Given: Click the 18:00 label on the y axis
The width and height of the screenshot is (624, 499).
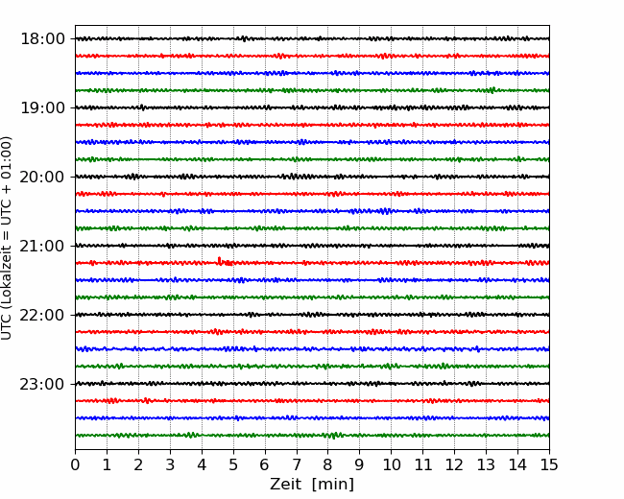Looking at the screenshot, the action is (42, 39).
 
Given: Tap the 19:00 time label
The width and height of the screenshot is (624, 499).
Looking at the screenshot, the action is (42, 107).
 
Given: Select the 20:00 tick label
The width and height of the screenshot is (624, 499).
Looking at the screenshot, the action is (42, 178).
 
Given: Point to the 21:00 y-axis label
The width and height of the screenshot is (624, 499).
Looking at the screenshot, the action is (42, 246).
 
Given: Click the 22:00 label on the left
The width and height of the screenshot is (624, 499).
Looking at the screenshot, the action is (42, 315).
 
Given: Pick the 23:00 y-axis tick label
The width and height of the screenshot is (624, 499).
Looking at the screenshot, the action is (42, 384).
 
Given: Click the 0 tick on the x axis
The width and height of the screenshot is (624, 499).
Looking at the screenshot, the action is (75, 464).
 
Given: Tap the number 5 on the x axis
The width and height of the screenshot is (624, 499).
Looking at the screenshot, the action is (233, 464).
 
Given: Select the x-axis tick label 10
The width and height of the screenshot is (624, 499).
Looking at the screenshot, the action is (391, 464).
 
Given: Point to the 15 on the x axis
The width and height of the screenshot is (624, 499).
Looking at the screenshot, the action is (549, 464).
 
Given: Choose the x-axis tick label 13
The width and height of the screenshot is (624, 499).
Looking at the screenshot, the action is (486, 464).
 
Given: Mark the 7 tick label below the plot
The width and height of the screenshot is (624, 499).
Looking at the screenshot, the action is (297, 464).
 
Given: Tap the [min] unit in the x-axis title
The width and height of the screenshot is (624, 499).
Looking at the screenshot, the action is (333, 485).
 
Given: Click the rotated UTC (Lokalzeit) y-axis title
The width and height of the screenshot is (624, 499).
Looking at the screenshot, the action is (7, 238).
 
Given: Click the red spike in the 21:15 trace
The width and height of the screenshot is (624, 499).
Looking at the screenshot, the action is (219, 260).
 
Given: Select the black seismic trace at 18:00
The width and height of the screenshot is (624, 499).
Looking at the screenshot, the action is (312, 38).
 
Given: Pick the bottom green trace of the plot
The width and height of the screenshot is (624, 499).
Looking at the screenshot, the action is (312, 436).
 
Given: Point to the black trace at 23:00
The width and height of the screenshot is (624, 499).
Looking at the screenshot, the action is (312, 384).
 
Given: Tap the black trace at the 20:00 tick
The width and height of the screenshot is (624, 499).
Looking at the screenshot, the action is (312, 177).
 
